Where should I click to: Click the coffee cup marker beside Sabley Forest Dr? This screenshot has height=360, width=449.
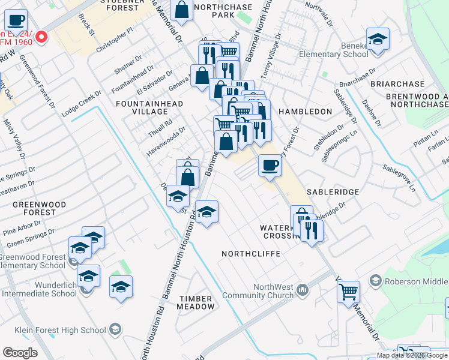tap(270, 165)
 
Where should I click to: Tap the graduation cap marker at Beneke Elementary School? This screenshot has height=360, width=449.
tap(378, 40)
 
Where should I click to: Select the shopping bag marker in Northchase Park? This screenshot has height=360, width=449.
tap(181, 10)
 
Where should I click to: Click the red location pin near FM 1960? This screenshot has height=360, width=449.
tap(41, 38)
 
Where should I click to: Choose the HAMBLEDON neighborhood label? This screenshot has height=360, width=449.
tap(305, 112)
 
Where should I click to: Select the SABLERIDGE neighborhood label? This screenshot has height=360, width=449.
tap(333, 191)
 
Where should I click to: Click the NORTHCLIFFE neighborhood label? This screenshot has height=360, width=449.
tap(251, 254)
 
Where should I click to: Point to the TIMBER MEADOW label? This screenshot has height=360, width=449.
tap(195, 302)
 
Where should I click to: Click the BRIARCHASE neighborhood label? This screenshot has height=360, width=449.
tap(397, 84)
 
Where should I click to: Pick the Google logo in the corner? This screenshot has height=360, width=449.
tap(20, 353)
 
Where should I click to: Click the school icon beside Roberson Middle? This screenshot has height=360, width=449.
tap(376, 280)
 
